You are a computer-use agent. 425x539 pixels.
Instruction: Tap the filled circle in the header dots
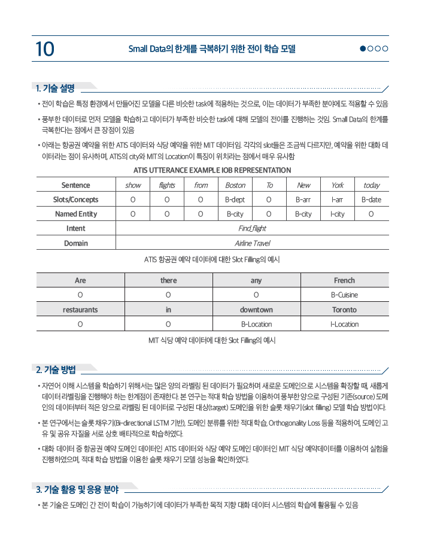(x=363, y=49)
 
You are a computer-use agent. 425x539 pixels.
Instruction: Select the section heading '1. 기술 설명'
(x=55, y=89)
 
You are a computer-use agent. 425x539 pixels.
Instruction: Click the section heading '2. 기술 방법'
(x=55, y=369)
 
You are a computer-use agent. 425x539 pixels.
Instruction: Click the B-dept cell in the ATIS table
(x=235, y=199)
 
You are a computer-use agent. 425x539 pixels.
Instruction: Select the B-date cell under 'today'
(x=371, y=199)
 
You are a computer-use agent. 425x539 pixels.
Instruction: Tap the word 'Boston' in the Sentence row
(x=235, y=185)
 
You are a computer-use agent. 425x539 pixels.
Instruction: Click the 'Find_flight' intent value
(x=252, y=228)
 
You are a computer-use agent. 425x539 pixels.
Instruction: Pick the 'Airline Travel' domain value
(x=252, y=243)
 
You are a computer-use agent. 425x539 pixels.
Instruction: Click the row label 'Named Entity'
(x=76, y=214)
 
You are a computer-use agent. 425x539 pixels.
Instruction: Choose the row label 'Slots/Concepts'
(x=76, y=199)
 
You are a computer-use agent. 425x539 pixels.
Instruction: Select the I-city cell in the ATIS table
(x=337, y=214)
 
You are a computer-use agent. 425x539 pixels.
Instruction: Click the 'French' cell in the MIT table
(x=344, y=280)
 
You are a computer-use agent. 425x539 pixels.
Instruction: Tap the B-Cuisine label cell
(x=344, y=295)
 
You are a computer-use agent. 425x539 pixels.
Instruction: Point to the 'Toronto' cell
(x=344, y=310)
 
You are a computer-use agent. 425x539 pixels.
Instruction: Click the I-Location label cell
(x=344, y=324)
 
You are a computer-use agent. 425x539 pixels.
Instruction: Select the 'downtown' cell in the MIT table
(x=256, y=310)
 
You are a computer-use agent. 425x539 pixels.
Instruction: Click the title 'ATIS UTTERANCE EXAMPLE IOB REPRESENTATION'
(x=212, y=170)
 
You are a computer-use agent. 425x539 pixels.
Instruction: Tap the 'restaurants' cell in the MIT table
(x=80, y=310)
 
